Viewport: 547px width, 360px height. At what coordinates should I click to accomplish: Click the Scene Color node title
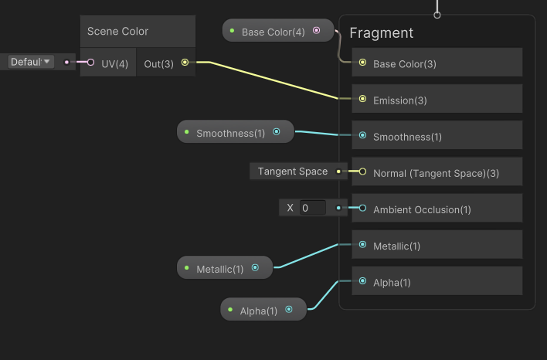point(117,32)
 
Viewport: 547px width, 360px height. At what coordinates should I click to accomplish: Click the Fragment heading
point(381,33)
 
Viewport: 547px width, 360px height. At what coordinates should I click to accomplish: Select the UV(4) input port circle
point(90,63)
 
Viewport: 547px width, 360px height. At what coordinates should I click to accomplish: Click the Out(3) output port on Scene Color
point(185,63)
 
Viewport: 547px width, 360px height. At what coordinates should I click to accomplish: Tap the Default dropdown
point(30,62)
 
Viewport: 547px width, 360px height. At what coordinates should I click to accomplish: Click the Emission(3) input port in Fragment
point(362,100)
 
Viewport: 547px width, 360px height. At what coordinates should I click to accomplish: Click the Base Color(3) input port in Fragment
point(362,63)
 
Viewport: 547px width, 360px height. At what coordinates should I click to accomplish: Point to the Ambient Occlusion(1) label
point(422,209)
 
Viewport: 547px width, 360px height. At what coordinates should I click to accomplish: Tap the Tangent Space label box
point(293,172)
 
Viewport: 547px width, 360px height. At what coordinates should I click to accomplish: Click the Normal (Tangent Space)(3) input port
point(362,172)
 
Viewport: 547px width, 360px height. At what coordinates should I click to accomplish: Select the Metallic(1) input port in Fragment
point(362,246)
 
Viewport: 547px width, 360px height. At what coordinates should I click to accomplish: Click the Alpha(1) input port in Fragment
point(362,282)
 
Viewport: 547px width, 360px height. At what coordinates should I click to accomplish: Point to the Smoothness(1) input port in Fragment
point(362,137)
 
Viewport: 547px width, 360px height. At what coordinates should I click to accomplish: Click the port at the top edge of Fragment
point(437,15)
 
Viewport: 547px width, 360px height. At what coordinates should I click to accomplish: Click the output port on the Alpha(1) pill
point(289,311)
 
